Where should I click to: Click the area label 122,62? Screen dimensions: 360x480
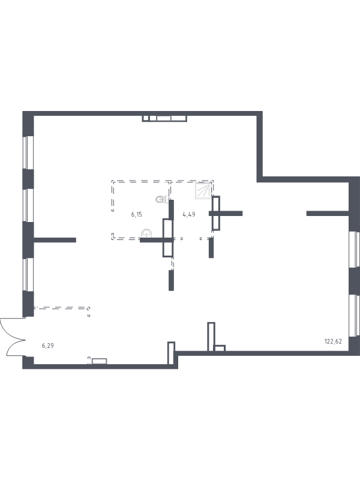333,341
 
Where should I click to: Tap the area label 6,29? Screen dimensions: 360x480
48,346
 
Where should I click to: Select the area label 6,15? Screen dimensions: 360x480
137,215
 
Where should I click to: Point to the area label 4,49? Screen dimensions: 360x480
189,215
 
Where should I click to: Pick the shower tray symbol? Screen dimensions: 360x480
203,190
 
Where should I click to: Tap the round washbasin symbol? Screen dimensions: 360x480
146,233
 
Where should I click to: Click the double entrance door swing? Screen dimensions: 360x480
12,337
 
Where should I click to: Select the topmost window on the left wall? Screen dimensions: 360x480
28,152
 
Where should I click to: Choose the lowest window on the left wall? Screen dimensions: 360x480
28,274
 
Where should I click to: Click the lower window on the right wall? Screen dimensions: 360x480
354,316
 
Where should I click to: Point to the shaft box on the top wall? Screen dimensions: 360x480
164,118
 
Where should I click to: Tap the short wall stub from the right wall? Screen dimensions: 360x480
328,214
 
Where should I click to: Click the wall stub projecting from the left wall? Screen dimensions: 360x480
55,240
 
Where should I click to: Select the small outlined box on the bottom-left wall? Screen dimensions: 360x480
99,361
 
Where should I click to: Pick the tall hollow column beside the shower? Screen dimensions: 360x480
216,213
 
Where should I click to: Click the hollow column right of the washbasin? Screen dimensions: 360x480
168,238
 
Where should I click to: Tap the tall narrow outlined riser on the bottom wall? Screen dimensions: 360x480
211,337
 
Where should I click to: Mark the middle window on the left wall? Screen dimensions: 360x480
28,205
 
